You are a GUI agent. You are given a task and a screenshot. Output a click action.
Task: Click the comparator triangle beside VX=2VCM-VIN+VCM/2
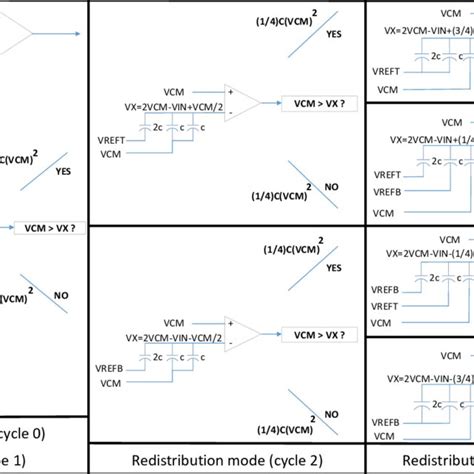point(243,101)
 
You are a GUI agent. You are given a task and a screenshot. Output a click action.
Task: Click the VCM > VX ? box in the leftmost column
point(46,228)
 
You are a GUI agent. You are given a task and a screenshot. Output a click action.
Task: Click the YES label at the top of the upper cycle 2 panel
point(334,33)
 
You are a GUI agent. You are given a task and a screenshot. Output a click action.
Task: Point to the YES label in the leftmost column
point(63,170)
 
